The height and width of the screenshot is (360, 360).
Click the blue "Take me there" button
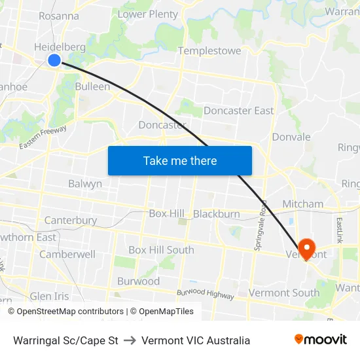pos(180,160)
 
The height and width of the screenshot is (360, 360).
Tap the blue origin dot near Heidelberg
pos(54,60)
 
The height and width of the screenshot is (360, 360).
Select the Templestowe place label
pos(209,50)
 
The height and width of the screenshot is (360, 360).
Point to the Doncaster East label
pos(238,111)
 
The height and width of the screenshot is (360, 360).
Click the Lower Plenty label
pos(147,14)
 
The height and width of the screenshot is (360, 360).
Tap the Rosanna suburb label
pos(59,16)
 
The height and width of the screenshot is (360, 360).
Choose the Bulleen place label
pos(92,86)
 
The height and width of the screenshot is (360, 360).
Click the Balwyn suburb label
pos(85,184)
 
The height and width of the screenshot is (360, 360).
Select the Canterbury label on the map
pos(71,221)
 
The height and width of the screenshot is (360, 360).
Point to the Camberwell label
pos(67,254)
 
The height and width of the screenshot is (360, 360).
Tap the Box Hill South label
pos(161,250)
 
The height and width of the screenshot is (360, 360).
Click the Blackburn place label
pos(216,214)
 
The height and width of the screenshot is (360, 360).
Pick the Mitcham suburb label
pos(302,204)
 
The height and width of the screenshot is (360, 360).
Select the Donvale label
pos(291,137)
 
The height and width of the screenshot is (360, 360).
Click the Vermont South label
pos(284,293)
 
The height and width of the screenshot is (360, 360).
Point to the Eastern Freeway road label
pos(43,136)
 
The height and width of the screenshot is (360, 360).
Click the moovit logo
pos(321,340)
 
